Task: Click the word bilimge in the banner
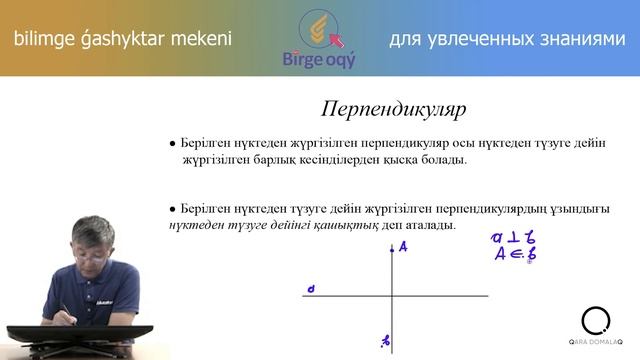click(x=41, y=39)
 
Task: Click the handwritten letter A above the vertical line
click(x=402, y=248)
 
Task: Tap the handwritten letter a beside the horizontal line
click(x=312, y=290)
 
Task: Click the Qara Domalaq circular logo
click(x=595, y=320)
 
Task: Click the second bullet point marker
click(x=173, y=210)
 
